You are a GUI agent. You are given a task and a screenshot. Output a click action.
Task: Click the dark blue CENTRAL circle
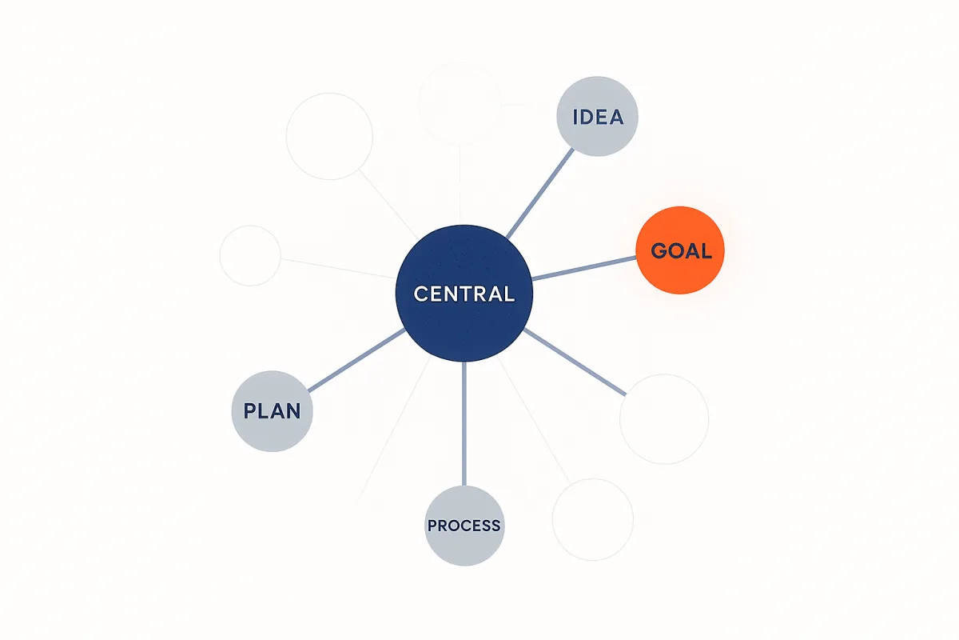point(464,294)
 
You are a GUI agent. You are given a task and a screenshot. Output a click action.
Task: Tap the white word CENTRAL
point(464,294)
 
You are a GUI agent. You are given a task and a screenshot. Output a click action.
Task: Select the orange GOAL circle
point(680,250)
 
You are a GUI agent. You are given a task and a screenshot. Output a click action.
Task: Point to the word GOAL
point(681,251)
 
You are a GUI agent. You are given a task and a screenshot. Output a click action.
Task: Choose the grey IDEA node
point(597,116)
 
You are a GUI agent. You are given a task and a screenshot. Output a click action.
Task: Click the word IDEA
point(598,117)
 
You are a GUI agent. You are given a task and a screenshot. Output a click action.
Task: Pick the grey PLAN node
point(273,411)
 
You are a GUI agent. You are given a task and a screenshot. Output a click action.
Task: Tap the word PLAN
point(273,411)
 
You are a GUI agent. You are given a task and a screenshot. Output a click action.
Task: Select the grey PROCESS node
point(464,526)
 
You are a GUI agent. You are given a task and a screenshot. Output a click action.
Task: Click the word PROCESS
point(464,526)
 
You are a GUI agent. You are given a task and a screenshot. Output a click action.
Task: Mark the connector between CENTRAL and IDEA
point(540,194)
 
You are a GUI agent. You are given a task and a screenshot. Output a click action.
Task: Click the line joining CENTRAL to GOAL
point(584,268)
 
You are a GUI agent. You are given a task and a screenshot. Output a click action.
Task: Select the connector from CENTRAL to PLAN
point(356,360)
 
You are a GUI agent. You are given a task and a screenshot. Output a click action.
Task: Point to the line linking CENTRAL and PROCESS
point(464,423)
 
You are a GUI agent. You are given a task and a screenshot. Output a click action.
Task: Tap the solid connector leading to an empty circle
point(575,362)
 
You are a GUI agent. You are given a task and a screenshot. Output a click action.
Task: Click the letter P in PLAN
point(249,411)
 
